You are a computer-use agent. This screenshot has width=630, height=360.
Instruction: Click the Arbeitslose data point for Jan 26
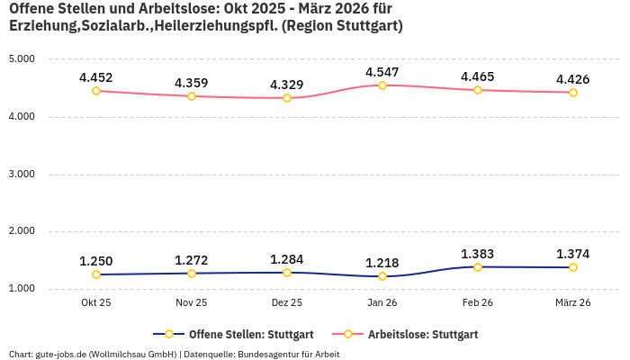click(x=382, y=85)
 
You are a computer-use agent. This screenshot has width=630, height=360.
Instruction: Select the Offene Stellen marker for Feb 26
click(x=478, y=267)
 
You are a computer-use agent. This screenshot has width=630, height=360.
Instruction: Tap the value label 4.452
click(x=96, y=77)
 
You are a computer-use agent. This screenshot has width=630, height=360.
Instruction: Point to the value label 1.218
click(x=382, y=263)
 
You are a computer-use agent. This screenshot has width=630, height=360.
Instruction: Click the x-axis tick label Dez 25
click(x=287, y=303)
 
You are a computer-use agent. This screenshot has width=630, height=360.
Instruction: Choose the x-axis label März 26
click(x=573, y=303)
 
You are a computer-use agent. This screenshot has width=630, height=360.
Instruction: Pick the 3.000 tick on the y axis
click(x=21, y=174)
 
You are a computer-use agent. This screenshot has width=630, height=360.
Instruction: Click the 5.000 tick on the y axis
click(x=21, y=58)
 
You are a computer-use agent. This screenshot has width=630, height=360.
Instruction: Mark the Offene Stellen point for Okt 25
click(x=96, y=274)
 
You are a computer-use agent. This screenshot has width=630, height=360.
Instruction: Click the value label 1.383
click(x=478, y=255)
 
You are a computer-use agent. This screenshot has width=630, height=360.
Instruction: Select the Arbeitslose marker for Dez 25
click(x=287, y=98)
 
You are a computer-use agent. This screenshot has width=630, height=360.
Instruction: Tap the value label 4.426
click(x=573, y=79)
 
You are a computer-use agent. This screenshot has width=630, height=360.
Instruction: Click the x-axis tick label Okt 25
click(x=96, y=303)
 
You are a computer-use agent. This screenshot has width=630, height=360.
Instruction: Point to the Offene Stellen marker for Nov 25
click(x=192, y=274)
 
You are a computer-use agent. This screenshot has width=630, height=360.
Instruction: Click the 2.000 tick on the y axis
click(x=21, y=231)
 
